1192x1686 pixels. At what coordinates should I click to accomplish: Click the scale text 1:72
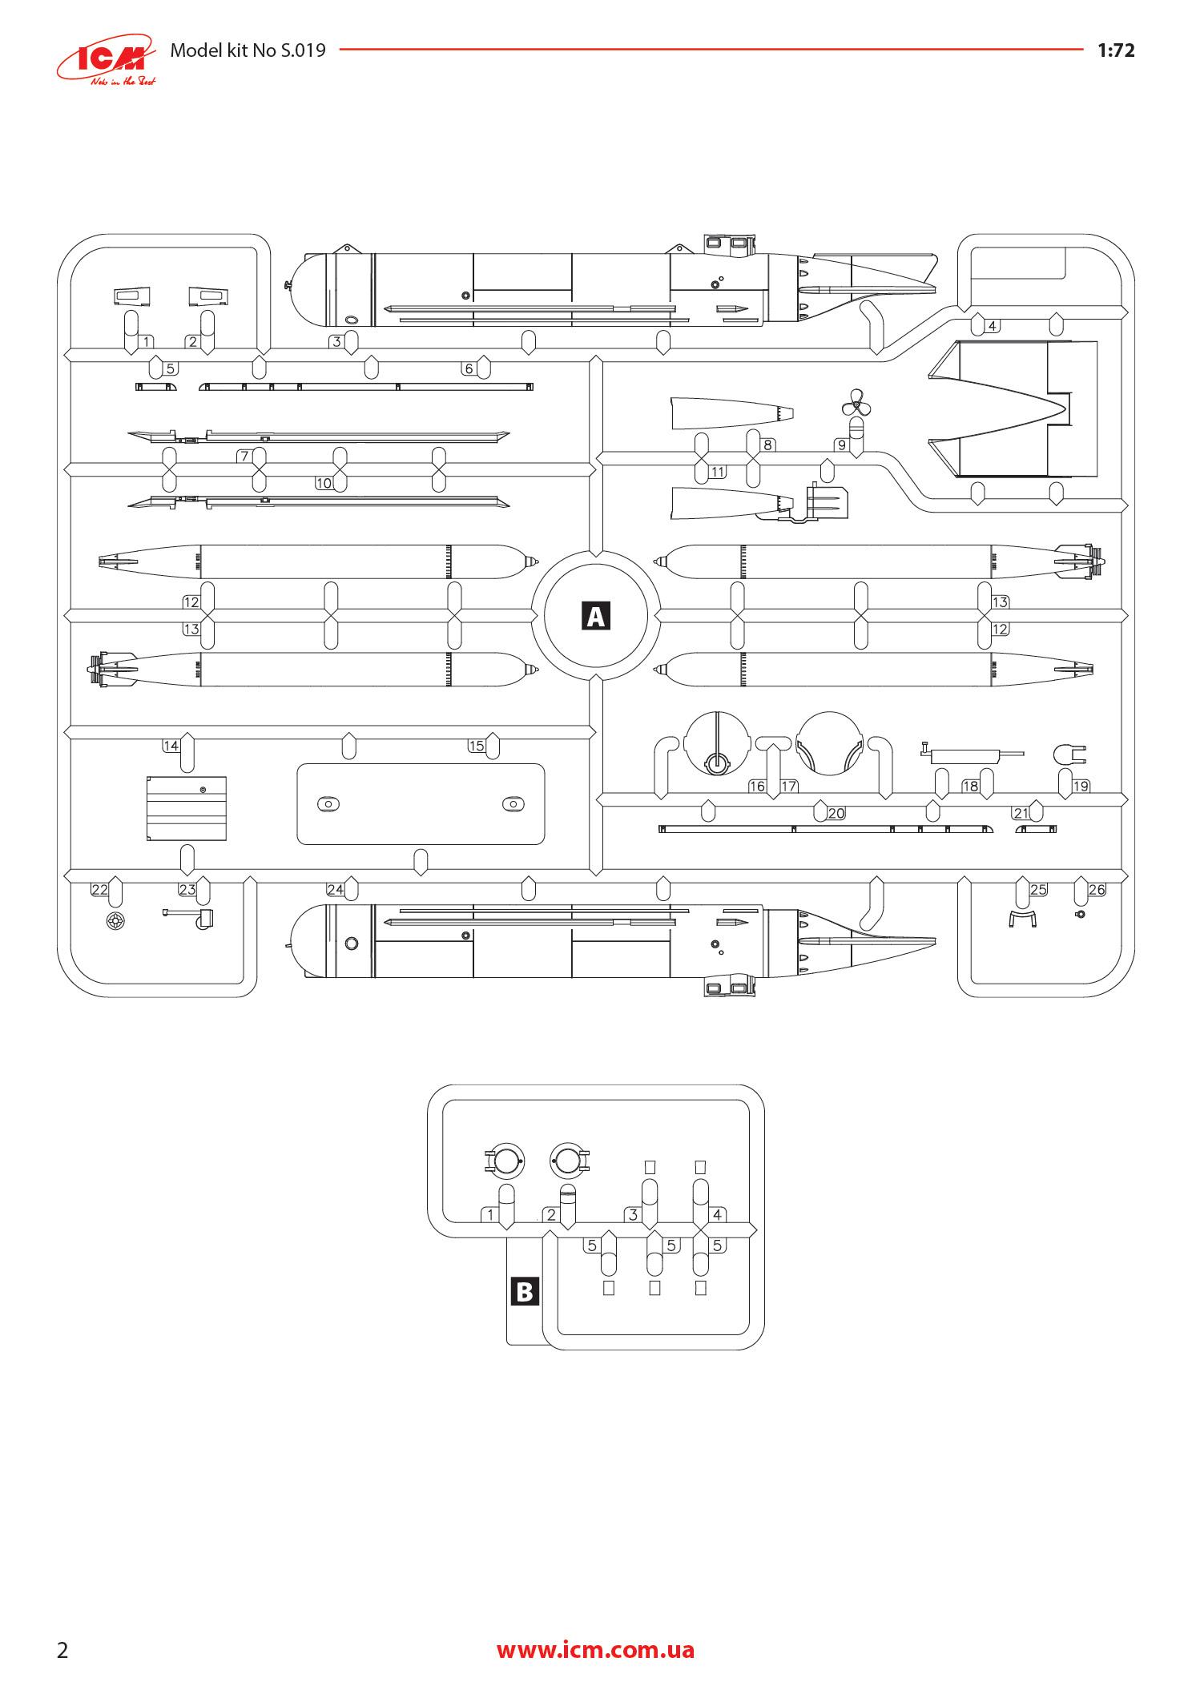click(1115, 50)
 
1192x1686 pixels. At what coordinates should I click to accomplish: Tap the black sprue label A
click(596, 616)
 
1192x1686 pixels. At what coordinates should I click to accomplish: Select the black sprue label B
click(525, 1291)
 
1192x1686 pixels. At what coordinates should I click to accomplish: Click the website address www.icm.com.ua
click(595, 1649)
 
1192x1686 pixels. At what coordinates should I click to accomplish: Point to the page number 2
click(62, 1650)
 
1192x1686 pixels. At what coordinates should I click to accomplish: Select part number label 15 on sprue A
click(477, 746)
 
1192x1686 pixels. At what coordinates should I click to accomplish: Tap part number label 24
click(335, 889)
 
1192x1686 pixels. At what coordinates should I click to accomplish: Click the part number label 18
click(970, 786)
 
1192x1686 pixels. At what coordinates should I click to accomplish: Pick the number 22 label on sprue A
click(99, 889)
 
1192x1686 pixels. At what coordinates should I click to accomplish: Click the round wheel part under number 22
click(116, 922)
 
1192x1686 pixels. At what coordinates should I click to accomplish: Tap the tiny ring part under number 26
click(1080, 915)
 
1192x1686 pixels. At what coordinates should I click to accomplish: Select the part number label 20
click(836, 813)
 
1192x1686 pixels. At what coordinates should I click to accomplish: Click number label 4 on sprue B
click(717, 1214)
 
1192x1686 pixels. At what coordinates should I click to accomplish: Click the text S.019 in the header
click(302, 50)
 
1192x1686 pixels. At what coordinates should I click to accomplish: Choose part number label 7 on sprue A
click(244, 457)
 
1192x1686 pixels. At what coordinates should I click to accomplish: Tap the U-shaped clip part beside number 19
click(1069, 754)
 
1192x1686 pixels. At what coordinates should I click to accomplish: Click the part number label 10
click(324, 483)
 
